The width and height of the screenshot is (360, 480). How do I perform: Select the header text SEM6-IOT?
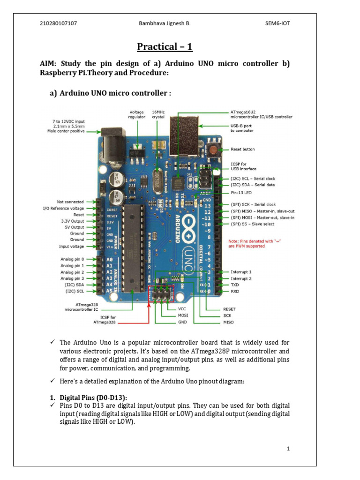(x=277, y=23)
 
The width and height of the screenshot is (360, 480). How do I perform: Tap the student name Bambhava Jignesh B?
(x=165, y=23)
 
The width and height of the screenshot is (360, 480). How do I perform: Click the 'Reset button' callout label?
(x=243, y=149)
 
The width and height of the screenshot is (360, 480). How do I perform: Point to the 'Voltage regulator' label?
(x=137, y=115)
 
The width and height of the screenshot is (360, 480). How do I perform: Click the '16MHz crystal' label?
(x=158, y=115)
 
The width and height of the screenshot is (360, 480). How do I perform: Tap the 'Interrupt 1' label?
(x=241, y=272)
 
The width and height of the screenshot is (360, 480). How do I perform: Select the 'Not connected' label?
(x=70, y=202)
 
